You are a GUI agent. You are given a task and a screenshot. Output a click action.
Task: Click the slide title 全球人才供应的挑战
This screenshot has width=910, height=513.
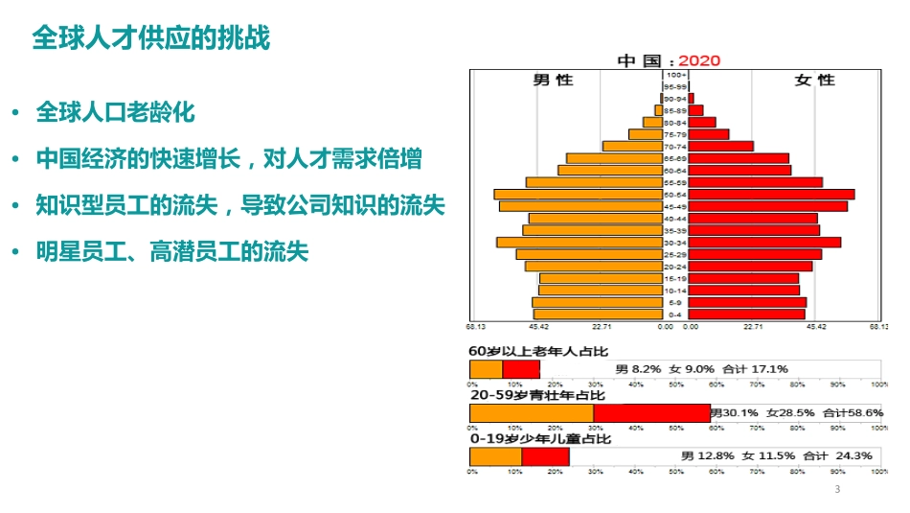[x=151, y=38]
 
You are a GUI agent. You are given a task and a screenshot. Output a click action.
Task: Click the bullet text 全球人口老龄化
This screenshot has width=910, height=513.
[x=115, y=112]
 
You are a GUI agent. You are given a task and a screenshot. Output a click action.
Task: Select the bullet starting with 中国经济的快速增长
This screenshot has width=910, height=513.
[x=229, y=159]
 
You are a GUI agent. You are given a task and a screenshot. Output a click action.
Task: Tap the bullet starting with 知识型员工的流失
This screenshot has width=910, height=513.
[x=240, y=206]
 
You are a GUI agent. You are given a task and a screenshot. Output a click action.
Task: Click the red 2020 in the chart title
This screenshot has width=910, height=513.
[x=698, y=60]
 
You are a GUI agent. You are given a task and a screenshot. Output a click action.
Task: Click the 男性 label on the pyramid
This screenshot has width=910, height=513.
[x=553, y=80]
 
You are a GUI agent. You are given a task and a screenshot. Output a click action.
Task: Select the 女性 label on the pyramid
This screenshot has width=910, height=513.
[x=815, y=80]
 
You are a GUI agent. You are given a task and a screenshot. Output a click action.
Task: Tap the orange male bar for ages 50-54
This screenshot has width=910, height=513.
[x=579, y=195]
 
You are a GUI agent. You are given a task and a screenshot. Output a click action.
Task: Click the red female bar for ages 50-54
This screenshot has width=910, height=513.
[x=771, y=195]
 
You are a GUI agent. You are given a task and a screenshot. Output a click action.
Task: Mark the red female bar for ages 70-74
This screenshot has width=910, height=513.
[x=721, y=147]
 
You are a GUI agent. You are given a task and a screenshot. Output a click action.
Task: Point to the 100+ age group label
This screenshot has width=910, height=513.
[x=676, y=75]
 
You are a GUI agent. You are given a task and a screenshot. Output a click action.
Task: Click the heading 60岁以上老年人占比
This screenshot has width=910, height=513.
[x=538, y=352]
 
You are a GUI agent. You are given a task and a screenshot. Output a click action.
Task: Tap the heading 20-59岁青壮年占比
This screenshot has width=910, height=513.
[x=537, y=394]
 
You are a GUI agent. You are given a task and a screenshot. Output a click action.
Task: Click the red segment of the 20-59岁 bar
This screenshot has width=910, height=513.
[x=651, y=413]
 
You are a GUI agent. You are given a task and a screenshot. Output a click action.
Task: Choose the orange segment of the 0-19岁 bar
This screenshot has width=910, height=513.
[x=495, y=456]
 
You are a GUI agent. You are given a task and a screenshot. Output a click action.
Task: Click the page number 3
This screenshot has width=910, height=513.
[x=837, y=490]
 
